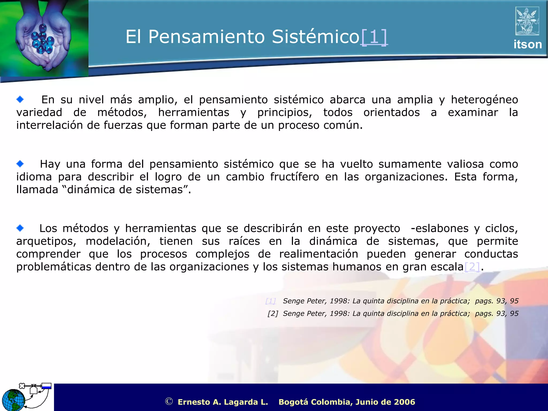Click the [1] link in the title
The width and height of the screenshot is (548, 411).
click(374, 37)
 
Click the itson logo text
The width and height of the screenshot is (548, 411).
click(527, 44)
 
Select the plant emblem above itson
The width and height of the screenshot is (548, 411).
click(527, 21)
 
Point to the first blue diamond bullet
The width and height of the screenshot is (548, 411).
click(20, 100)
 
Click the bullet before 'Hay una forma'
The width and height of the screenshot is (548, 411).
click(20, 164)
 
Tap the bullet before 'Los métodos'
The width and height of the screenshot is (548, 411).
click(20, 228)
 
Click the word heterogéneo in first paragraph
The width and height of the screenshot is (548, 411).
click(484, 100)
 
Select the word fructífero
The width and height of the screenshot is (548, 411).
click(294, 177)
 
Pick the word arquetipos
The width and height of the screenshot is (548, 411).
click(46, 241)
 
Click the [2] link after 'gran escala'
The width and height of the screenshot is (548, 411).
click(472, 267)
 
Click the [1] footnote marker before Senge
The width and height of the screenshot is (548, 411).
click(271, 301)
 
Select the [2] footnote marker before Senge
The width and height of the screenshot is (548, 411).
click(273, 314)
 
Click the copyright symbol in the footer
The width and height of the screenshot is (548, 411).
click(169, 401)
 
